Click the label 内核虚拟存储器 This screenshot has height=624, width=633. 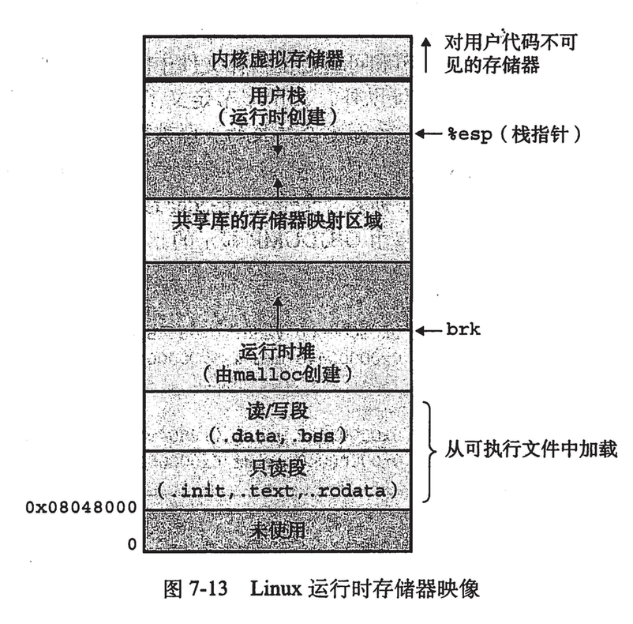[x=276, y=58]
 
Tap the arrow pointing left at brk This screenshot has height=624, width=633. [x=429, y=330]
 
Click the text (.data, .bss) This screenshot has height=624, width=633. [x=276, y=434]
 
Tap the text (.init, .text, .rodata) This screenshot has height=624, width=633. [x=276, y=491]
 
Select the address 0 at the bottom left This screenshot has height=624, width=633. [x=131, y=543]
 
